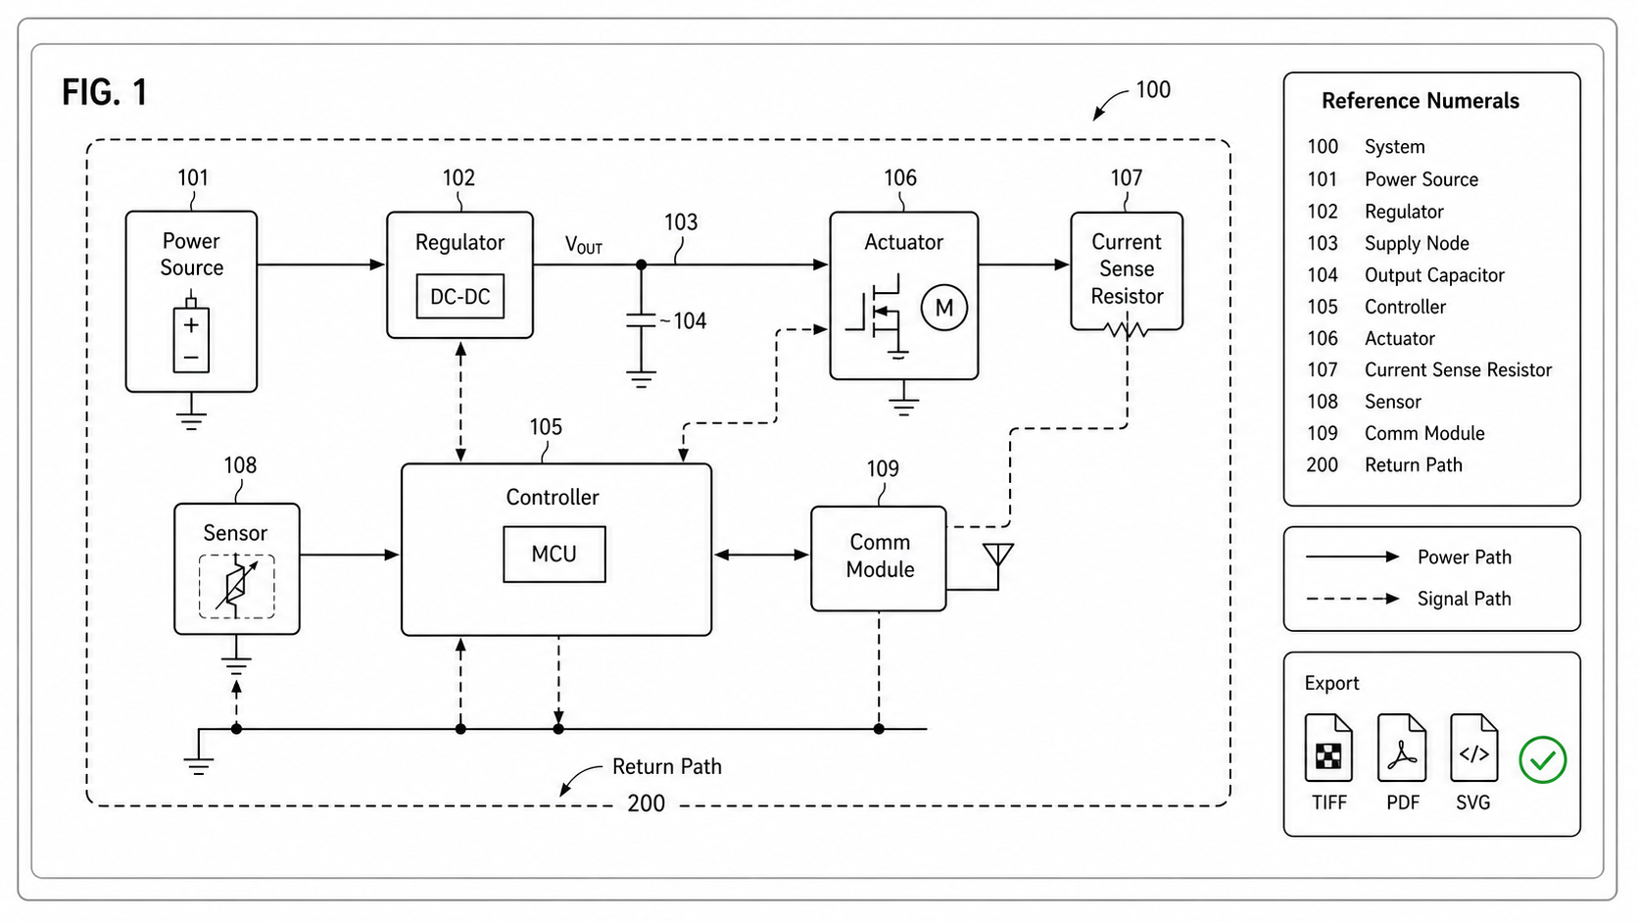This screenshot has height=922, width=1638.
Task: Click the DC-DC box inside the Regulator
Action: [460, 296]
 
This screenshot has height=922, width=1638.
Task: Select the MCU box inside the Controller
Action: [554, 555]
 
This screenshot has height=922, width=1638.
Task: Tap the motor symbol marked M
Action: [944, 308]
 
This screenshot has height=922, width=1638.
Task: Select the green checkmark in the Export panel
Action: [1542, 759]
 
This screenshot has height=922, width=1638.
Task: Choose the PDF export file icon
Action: [1402, 748]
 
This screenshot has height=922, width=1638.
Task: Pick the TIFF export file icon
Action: [1328, 748]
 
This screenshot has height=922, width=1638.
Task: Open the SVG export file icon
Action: [1473, 748]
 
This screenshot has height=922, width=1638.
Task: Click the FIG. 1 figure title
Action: [105, 92]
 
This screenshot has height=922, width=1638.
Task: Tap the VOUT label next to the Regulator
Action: [584, 246]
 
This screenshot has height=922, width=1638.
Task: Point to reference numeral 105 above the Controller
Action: [546, 427]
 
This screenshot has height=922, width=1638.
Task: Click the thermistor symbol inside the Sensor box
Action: [236, 586]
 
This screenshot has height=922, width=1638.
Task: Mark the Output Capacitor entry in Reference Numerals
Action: [1434, 275]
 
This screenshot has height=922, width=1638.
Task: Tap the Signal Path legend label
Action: [1464, 599]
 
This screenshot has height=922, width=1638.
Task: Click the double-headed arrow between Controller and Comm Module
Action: [761, 555]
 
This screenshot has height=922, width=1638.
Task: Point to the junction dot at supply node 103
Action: [642, 265]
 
